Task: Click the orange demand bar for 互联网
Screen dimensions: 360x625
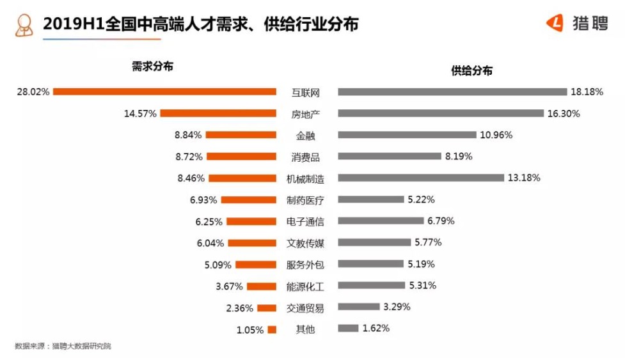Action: point(164,91)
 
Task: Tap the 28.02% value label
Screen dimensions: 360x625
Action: point(33,91)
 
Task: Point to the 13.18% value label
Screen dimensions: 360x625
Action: point(523,178)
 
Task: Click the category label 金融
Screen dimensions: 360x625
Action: point(305,135)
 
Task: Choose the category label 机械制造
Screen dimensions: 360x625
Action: point(305,178)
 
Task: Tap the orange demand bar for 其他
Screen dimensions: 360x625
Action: point(272,329)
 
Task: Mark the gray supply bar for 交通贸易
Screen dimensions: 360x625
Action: point(358,307)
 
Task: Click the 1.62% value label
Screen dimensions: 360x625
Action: point(376,329)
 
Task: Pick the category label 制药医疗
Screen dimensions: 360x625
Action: point(305,200)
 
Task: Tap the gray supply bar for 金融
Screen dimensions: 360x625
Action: point(407,135)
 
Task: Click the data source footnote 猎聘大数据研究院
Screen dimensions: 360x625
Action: point(81,346)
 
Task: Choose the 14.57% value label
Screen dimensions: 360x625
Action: point(140,113)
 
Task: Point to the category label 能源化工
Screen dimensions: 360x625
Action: point(305,286)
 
